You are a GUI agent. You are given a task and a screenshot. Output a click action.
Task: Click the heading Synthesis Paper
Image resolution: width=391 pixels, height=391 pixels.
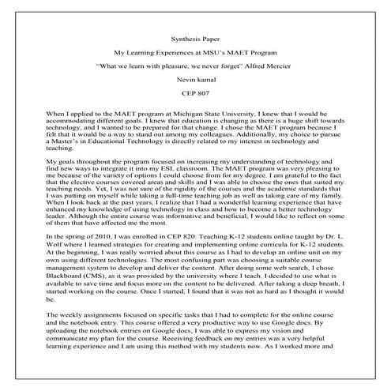coord(195,37)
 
